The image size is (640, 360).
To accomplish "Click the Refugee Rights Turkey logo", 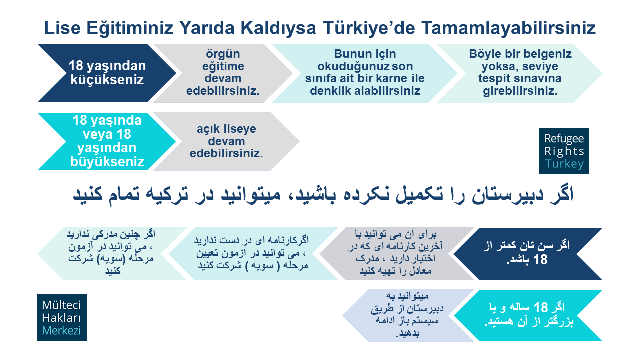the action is point(564,151).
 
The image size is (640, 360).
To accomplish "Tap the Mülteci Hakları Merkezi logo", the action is point(62,317).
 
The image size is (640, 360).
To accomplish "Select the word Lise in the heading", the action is point(62,28).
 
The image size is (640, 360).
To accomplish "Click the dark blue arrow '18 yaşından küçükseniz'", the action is point(107,73).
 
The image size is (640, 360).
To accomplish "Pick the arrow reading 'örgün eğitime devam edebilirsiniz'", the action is point(223,73).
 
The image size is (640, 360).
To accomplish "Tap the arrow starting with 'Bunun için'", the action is point(364,73).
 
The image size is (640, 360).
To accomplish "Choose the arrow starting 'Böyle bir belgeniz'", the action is point(520,73).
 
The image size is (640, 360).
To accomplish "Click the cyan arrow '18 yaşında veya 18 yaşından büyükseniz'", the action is point(107,141).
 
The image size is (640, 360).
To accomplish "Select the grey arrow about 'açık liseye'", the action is point(226,141).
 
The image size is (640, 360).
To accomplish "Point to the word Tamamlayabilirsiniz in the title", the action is point(509,28).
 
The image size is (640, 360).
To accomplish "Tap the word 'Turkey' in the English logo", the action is point(564,164).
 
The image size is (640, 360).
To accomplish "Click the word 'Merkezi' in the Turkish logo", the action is point(61,331).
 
